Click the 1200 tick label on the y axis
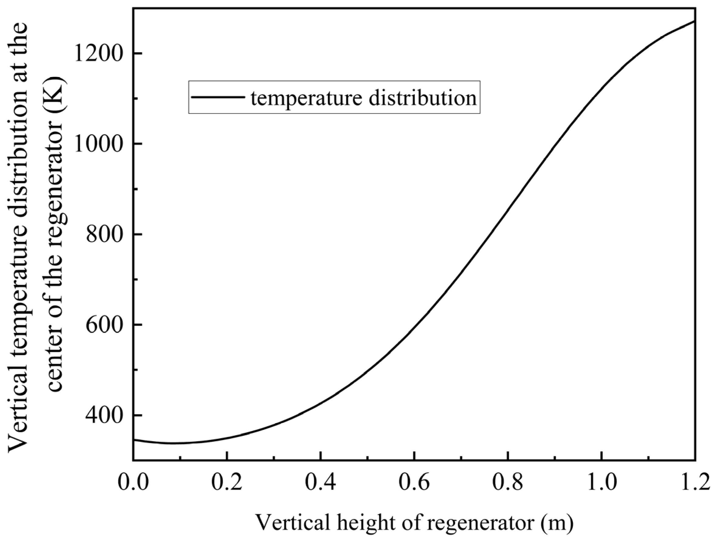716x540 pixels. coord(99,53)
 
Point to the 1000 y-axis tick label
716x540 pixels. coord(99,144)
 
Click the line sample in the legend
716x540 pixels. coord(218,97)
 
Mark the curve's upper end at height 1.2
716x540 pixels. coord(695,21)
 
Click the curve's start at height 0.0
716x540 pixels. coord(134,440)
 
